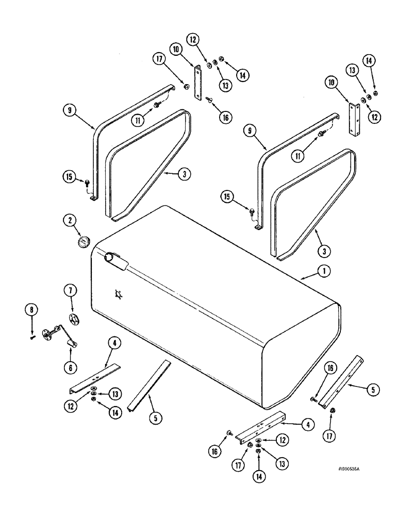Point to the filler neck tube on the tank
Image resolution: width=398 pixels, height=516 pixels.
click(x=116, y=260)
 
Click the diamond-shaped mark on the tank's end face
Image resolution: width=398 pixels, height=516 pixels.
click(x=119, y=295)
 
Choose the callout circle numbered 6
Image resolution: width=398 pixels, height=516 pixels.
click(x=71, y=367)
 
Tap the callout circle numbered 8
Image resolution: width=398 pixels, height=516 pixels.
click(x=32, y=311)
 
